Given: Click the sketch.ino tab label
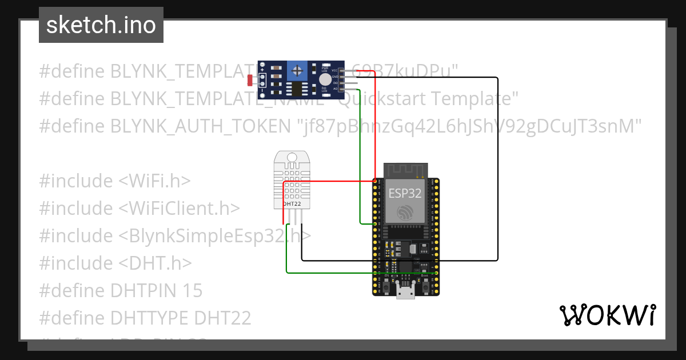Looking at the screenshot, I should tap(101, 26).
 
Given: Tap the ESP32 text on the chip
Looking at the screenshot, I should tap(405, 193).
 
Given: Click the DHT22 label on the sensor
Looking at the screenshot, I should tap(292, 203).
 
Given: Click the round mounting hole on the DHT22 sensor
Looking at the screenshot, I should tap(292, 157).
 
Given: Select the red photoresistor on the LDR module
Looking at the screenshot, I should tap(250, 81).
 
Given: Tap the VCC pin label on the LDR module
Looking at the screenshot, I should tap(335, 70).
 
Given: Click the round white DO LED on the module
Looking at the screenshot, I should tap(325, 79).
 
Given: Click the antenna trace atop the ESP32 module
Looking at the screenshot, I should tap(405, 169).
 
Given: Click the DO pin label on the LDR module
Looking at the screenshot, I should tap(335, 83).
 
